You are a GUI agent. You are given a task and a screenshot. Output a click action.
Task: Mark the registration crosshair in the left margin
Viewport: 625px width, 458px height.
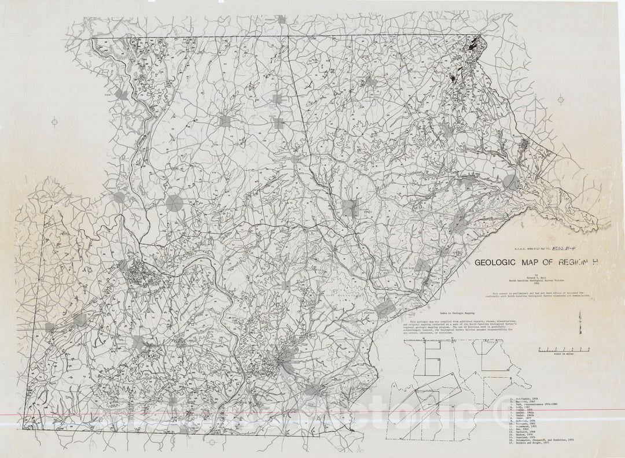coord(55,121)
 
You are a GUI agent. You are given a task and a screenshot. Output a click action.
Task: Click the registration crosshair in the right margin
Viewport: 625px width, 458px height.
coord(560,99)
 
